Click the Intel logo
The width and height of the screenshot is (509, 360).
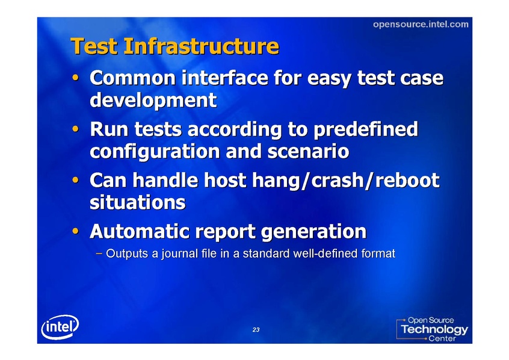coord(60,327)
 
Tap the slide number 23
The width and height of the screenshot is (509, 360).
coord(256,330)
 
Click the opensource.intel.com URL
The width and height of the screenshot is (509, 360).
coord(421,24)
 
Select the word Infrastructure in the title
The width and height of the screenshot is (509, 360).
coord(202,46)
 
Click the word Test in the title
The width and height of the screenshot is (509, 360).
coord(94,46)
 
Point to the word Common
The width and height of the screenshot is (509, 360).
coord(132,78)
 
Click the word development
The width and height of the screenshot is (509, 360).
coord(153,100)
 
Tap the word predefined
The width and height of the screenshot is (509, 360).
coord(366,129)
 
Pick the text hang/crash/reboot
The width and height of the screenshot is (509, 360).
coord(346,181)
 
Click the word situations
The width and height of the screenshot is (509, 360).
coord(138,203)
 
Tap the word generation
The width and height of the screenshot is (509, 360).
coord(313,232)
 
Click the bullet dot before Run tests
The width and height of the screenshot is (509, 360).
coord(75,129)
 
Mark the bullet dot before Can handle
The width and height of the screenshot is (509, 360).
coord(75,180)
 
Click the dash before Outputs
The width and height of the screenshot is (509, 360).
coord(99,254)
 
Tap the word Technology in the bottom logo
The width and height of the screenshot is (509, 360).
coord(434,329)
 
